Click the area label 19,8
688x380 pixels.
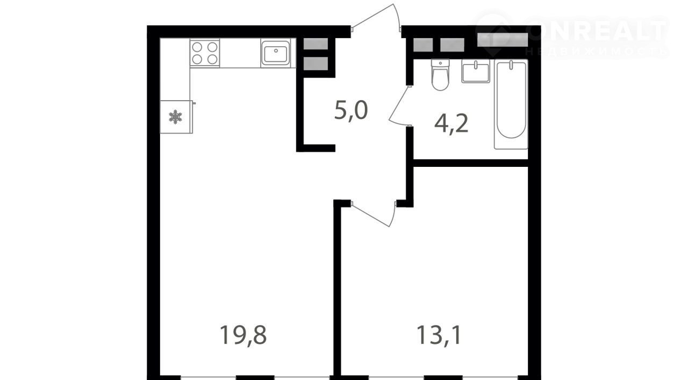pos(243,335)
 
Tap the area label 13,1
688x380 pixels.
pos(439,335)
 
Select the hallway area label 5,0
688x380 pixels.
pos(351,110)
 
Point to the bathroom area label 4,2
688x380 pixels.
pos(451,123)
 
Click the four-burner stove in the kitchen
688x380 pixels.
pos(205,53)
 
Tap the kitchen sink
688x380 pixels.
pos(276,53)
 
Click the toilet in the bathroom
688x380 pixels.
pos(440,75)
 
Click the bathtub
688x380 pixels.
pos(511,104)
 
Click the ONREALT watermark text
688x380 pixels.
pos(597,31)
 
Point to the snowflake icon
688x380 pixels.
pos(175,117)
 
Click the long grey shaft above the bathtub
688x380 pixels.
pos(503,40)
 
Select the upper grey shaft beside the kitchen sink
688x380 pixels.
pos(316,44)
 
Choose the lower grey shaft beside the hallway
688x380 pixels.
pos(316,64)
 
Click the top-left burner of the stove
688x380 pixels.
pos(197,47)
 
